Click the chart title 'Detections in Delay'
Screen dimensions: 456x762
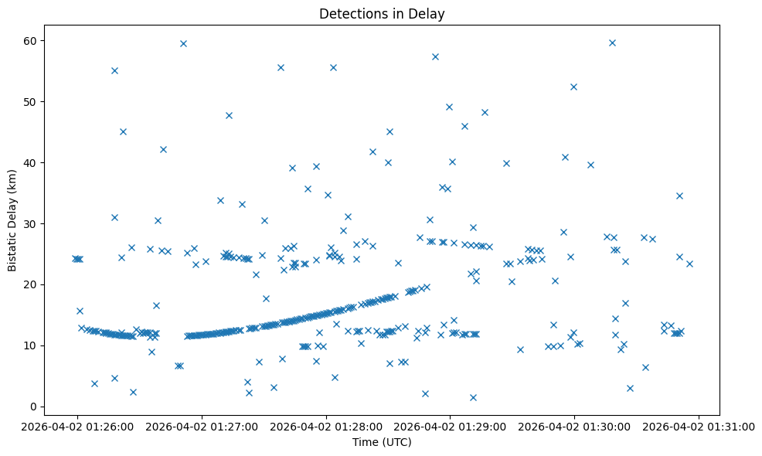[382, 14]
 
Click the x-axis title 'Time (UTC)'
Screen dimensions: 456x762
[382, 442]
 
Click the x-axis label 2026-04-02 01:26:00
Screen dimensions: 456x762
[77, 425]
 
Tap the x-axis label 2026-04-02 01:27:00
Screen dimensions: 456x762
[201, 425]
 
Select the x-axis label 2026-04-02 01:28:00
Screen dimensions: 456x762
[325, 425]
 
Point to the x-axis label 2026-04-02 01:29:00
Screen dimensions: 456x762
[450, 425]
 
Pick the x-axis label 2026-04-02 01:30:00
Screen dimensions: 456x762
[574, 425]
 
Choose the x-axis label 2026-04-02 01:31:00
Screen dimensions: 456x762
[699, 425]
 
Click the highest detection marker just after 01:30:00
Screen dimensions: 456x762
[612, 43]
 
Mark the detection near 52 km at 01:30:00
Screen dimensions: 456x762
[573, 87]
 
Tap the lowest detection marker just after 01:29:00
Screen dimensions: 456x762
[473, 397]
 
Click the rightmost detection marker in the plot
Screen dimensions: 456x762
[689, 264]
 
